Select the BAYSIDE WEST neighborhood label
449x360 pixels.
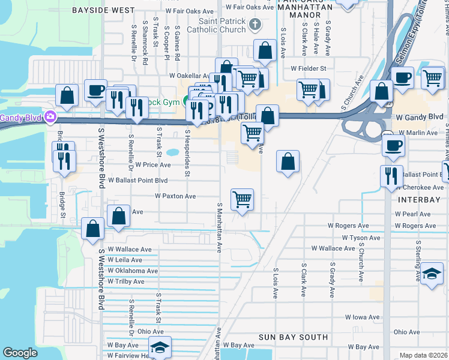(x=103, y=11)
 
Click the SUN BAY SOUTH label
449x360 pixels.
(x=293, y=337)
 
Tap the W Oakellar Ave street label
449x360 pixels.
(x=188, y=76)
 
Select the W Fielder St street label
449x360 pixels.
(x=308, y=68)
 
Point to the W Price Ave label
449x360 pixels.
(x=153, y=165)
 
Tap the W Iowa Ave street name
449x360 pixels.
(x=362, y=317)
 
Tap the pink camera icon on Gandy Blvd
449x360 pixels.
(x=50, y=116)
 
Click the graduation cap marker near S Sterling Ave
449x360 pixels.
(x=432, y=274)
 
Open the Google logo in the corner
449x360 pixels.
(x=20, y=353)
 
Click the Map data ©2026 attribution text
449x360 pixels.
(x=423, y=355)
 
